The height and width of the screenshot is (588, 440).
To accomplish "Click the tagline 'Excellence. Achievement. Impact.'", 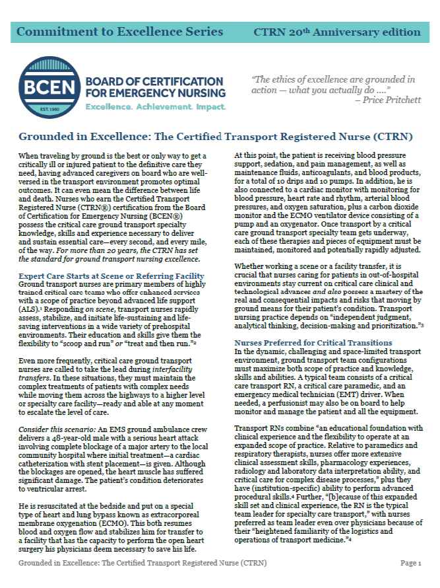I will [x=156, y=106].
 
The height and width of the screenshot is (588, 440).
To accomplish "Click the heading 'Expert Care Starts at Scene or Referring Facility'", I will [x=111, y=275].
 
